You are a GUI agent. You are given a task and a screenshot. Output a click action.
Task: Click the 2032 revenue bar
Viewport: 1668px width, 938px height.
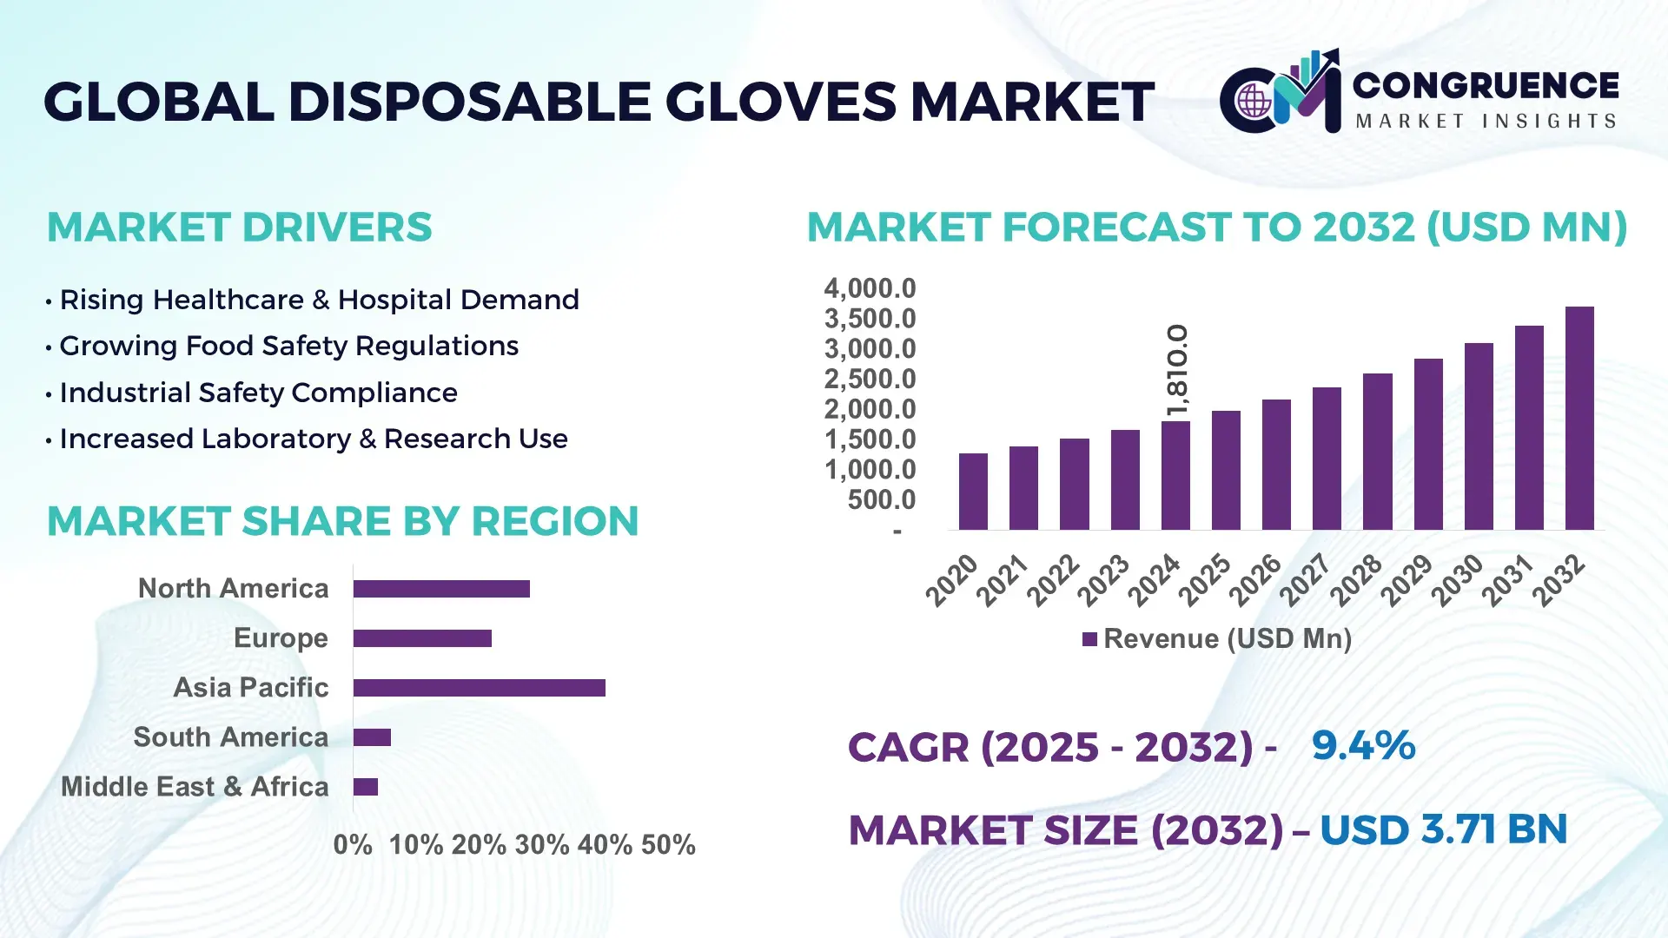click(x=1579, y=419)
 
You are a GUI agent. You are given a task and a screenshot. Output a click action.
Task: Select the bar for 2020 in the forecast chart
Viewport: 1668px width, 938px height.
click(x=973, y=492)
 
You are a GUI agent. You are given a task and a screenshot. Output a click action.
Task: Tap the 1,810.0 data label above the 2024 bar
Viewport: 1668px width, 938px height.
click(x=1177, y=371)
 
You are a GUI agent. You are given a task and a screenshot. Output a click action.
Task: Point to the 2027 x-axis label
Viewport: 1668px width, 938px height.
click(x=1305, y=580)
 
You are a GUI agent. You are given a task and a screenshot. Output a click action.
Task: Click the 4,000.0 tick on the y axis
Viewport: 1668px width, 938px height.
click(x=870, y=288)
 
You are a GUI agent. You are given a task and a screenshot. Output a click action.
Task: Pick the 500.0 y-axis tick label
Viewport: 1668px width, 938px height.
click(x=881, y=499)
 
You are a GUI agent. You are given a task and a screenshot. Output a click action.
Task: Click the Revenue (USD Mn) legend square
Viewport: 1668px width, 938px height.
click(x=1089, y=640)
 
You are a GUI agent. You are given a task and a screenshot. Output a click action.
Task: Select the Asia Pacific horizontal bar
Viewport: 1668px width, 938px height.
click(x=479, y=688)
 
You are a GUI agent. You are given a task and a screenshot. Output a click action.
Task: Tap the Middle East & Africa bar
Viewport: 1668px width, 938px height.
click(x=366, y=787)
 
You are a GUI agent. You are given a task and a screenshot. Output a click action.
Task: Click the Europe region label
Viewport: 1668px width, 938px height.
click(x=281, y=638)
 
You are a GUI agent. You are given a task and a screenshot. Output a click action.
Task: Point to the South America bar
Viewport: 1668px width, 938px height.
click(x=372, y=737)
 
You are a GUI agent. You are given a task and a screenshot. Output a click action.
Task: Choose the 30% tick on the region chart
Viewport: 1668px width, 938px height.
click(x=541, y=845)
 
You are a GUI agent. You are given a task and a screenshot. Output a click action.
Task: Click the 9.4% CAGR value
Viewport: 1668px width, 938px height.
click(x=1363, y=745)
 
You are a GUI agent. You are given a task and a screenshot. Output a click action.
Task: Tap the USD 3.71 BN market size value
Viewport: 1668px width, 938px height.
click(x=1443, y=829)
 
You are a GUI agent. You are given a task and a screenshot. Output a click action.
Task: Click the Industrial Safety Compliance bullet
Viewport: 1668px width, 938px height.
click(x=258, y=393)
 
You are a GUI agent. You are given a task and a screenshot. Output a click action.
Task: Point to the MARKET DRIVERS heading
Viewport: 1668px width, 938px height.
click(x=239, y=228)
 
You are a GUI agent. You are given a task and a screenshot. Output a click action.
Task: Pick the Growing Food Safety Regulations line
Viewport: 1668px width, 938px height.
click(x=288, y=346)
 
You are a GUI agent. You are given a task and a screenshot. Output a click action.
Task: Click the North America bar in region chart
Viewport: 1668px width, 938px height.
click(x=441, y=589)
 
